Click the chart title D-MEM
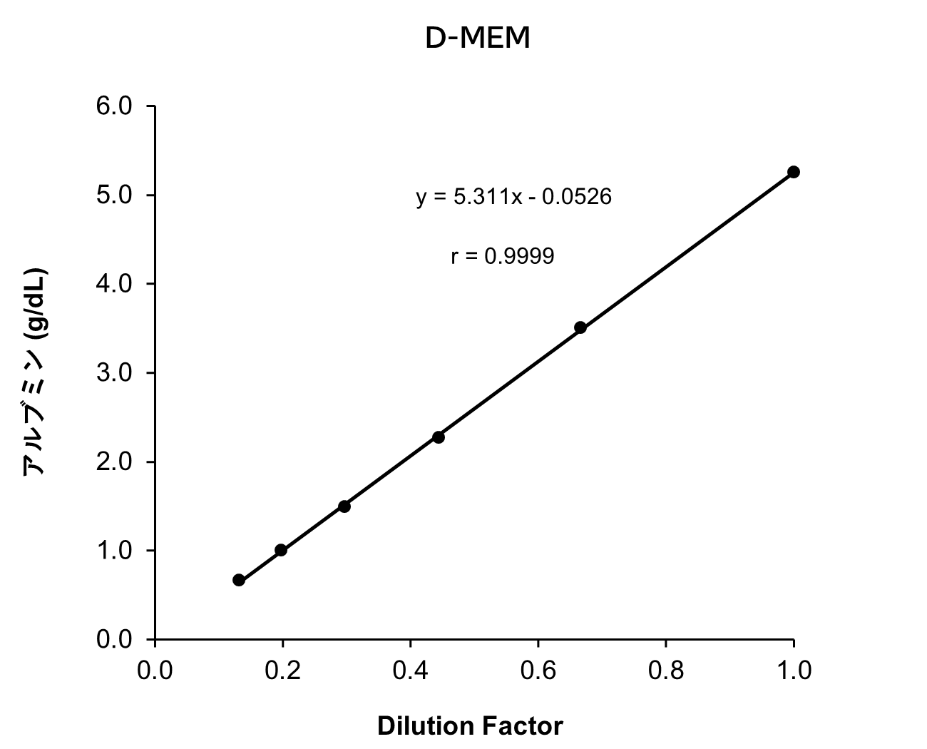coord(477,39)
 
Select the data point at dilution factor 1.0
coord(793,172)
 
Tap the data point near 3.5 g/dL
coord(580,327)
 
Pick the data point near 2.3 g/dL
coord(439,437)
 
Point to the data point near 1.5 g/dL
coord(344,506)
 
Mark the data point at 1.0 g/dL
coord(281,550)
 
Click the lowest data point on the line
coord(239,580)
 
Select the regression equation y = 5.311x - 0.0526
coord(513,197)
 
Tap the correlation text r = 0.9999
coord(502,256)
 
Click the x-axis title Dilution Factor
coord(469,726)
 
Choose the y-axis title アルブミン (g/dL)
coord(35,372)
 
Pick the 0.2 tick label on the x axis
coord(282,671)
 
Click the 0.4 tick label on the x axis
coord(410,671)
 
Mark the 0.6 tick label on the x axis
coord(538,671)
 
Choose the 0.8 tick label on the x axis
coord(665,671)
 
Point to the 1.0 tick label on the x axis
coord(793,671)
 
